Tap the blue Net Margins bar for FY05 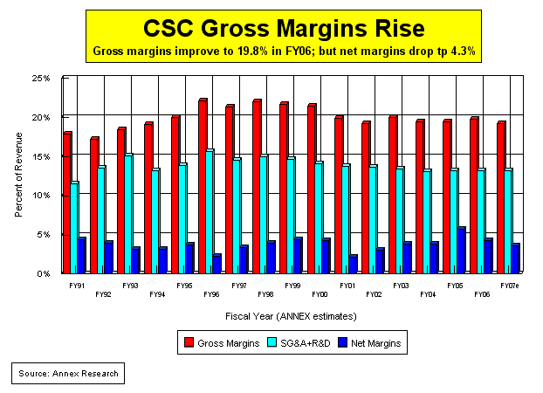click(x=461, y=251)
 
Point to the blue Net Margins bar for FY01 click(x=353, y=264)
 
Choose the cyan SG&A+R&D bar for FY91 click(x=74, y=227)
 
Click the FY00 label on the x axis click(x=320, y=295)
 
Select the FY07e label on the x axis click(x=510, y=286)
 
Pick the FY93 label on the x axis click(x=130, y=286)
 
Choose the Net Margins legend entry click(x=371, y=343)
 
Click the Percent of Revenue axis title click(x=19, y=176)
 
